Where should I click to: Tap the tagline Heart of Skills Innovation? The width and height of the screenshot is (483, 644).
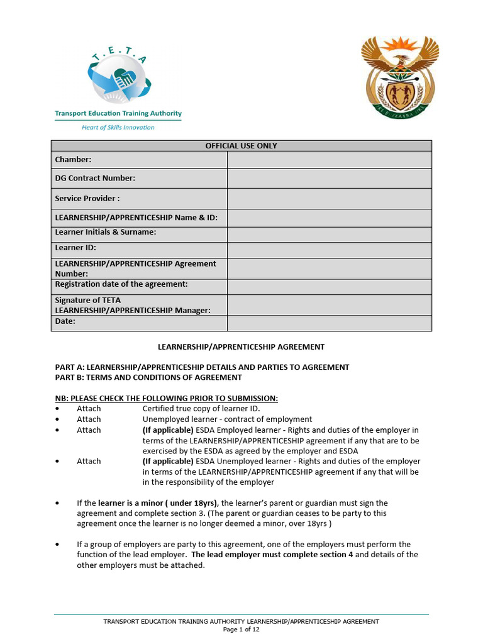coord(118,127)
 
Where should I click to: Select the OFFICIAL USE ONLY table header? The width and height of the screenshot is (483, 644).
coord(241,146)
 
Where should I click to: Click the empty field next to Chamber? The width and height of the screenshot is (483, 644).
coord(329,160)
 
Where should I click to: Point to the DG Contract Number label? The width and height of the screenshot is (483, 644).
coord(95,179)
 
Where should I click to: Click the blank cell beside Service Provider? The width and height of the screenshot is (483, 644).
coord(329,199)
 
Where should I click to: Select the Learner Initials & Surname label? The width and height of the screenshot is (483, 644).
coord(106,232)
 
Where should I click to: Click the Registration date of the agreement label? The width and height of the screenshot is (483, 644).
coord(121,284)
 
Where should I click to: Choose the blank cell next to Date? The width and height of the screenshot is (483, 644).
coord(329,323)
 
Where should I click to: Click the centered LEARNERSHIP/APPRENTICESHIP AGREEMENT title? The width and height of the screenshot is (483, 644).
coord(241,347)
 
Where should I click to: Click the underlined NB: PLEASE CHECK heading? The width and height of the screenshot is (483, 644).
coord(166,398)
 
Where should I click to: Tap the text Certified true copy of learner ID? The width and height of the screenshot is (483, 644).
coord(201,409)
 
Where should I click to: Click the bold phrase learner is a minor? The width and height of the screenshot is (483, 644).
coord(158,503)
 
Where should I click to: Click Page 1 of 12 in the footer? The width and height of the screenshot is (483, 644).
coord(241,630)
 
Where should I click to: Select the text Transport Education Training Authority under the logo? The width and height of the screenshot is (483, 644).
coord(118,114)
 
